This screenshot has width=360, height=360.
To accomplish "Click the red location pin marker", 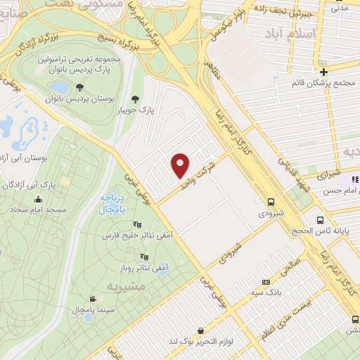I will click(x=181, y=165).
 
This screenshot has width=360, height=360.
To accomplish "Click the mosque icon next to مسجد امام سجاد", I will click(x=16, y=210).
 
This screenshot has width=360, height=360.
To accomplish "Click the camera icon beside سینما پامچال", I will click(x=92, y=298).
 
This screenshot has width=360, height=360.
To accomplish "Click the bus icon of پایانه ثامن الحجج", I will click(x=321, y=220).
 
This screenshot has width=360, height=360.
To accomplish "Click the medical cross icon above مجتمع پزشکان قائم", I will click(x=323, y=72).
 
